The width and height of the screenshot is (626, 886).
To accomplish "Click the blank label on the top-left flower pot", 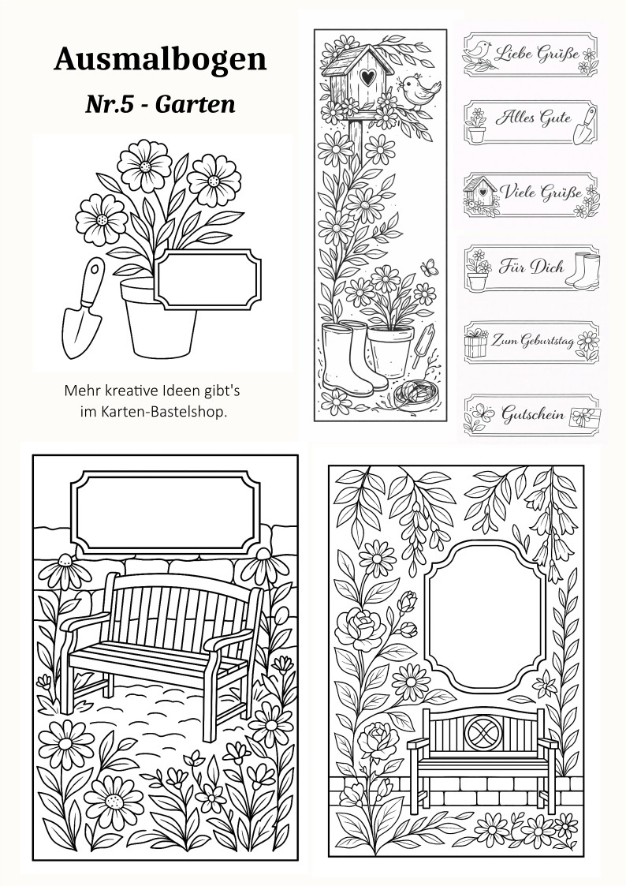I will (207, 279).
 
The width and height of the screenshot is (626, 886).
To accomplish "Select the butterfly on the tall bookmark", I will (429, 267).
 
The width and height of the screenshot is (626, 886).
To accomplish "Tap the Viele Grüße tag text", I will (541, 192).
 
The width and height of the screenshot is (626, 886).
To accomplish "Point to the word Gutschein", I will (534, 413).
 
